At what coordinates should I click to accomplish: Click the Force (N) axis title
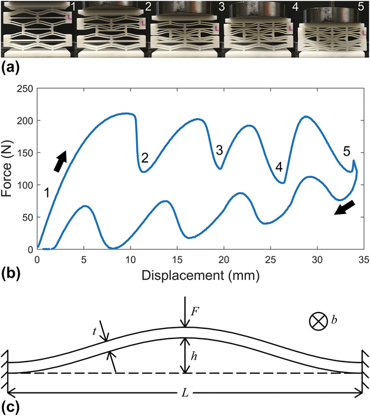click(7, 168)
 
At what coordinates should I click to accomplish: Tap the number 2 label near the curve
click(145, 158)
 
